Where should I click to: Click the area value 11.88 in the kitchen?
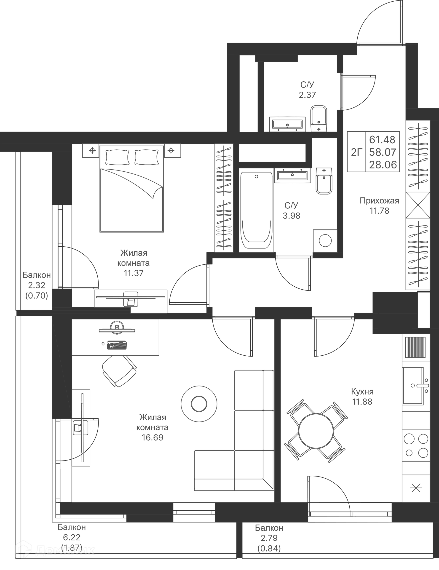coord(362,402)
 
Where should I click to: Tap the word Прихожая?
coord(379,201)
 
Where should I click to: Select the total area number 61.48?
coord(382,140)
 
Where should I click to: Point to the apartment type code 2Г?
coord(357,152)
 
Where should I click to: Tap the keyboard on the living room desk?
coord(117,345)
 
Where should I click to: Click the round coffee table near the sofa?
coord(199,404)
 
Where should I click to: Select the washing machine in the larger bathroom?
coord(325,241)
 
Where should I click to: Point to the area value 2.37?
coord(307,95)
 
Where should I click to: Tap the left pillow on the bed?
coord(117,157)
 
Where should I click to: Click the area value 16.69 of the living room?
coord(153,437)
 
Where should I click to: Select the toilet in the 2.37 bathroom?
coord(319,119)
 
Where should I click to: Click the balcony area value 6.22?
coord(72,537)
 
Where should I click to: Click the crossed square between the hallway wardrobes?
coord(418,205)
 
